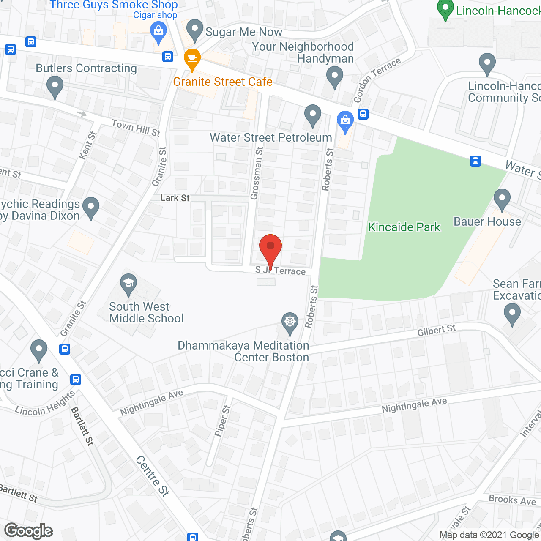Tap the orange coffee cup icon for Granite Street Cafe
coord(192,60)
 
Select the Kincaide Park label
coord(404,227)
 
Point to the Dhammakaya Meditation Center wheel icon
coord(290,323)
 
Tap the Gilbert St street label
coord(436,330)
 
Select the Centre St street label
coord(153,475)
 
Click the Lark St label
coord(175,198)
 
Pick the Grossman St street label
coord(257,173)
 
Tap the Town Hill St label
coord(136,128)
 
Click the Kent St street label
coord(88,145)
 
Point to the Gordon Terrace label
coord(377,80)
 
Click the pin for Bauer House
coord(502,199)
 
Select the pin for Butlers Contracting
coord(55,87)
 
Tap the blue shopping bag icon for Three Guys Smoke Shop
coord(158,33)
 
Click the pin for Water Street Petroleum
coord(313,115)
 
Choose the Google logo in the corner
coord(29,531)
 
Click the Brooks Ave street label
coord(512,500)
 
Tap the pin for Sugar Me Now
coord(195,30)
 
